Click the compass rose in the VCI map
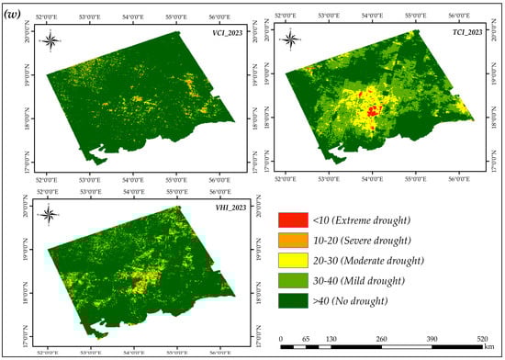(x=54, y=39)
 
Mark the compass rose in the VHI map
(x=51, y=215)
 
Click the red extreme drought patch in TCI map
(x=372, y=113)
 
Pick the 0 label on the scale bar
(x=281, y=337)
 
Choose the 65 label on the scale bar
(x=306, y=337)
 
